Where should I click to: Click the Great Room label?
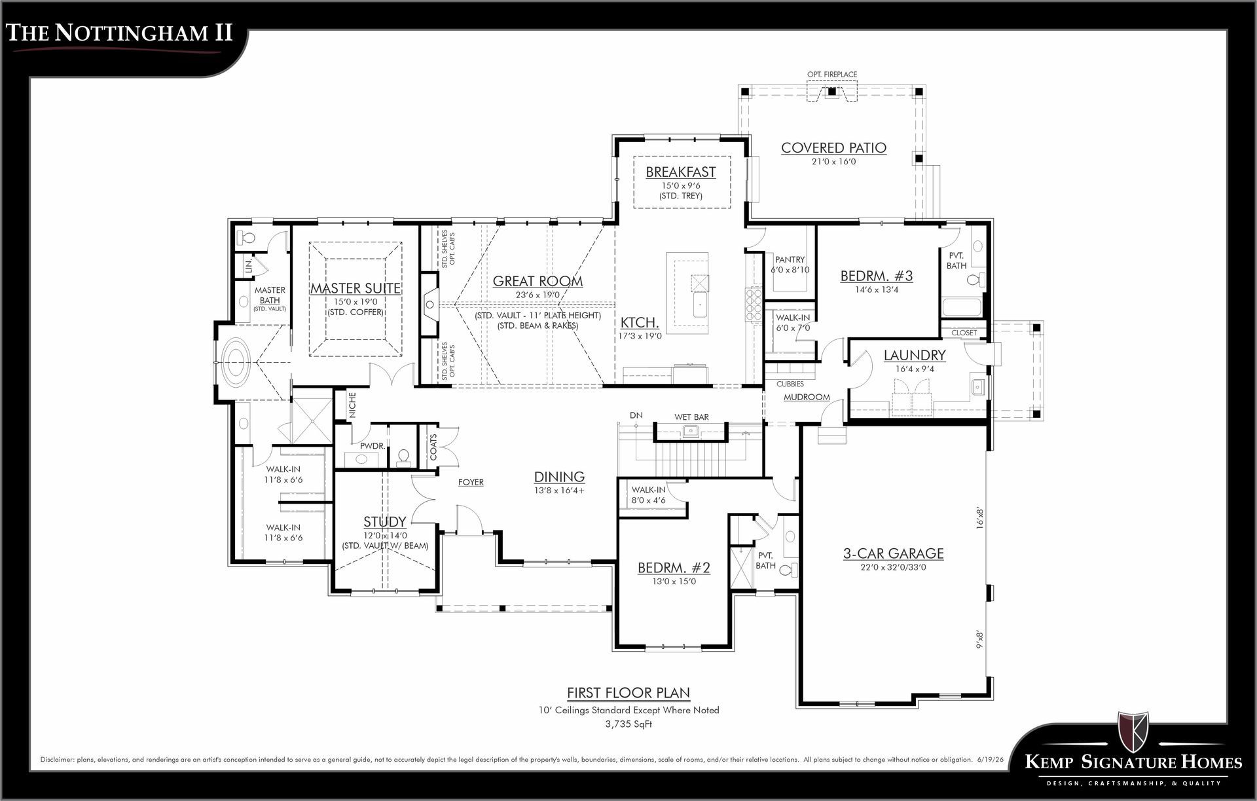537,281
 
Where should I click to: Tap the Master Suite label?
355,288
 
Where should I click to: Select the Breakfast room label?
681,172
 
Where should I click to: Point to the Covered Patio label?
833,148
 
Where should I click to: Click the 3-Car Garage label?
893,553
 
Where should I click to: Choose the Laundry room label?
915,355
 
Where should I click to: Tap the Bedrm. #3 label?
877,276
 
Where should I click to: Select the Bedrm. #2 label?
674,567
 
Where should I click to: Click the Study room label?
385,522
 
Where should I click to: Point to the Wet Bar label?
692,417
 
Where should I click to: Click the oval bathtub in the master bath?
236,361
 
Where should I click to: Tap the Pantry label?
790,260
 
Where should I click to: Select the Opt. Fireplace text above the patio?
832,75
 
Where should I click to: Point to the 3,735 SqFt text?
628,724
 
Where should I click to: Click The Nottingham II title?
120,33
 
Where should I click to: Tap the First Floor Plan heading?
628,693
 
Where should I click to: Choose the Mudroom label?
807,397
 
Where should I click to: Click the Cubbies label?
790,384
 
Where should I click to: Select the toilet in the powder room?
403,456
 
